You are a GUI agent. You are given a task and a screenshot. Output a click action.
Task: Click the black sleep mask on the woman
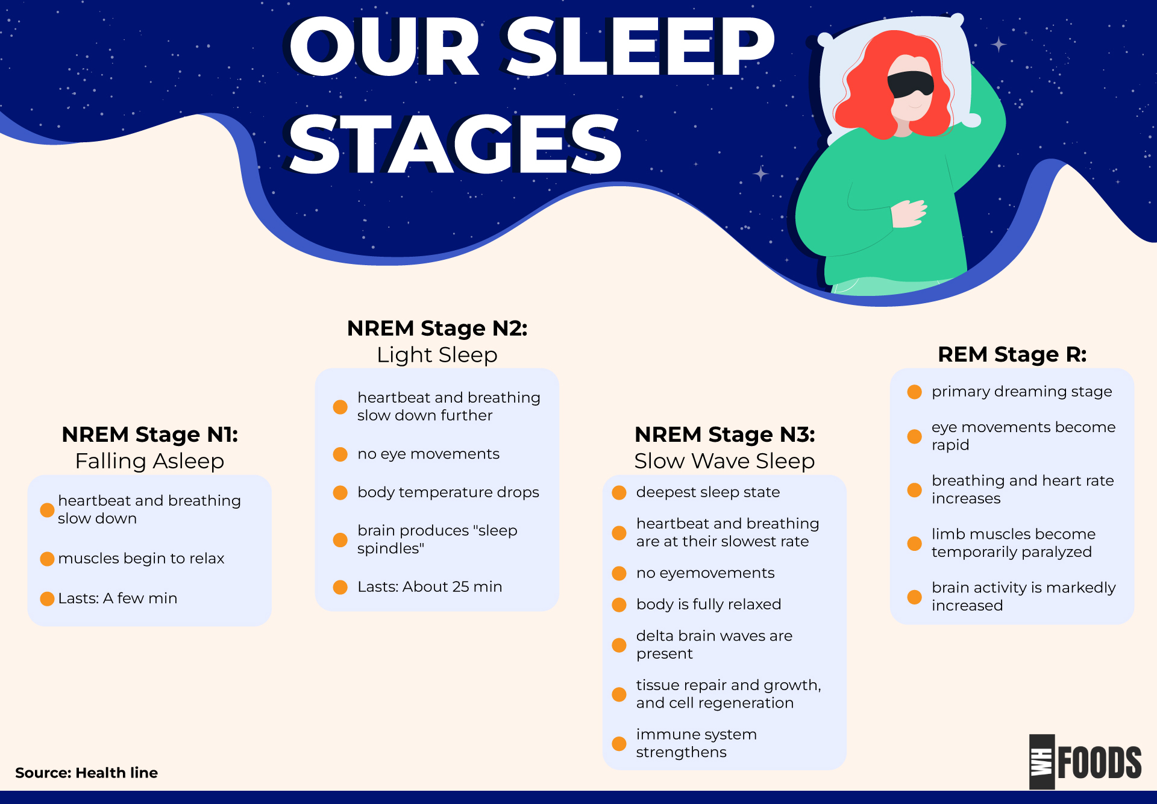(x=911, y=84)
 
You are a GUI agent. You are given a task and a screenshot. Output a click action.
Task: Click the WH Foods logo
(x=1085, y=762)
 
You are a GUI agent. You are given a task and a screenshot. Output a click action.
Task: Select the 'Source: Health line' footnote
(x=86, y=773)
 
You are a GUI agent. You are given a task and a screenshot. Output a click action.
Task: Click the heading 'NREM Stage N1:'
(x=149, y=435)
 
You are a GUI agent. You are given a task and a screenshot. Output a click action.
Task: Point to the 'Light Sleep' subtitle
(x=437, y=355)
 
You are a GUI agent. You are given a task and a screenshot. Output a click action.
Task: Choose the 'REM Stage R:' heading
(x=1012, y=354)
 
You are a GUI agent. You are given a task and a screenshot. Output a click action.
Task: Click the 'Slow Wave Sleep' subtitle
(x=724, y=461)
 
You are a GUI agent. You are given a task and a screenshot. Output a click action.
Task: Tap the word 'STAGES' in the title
(x=454, y=145)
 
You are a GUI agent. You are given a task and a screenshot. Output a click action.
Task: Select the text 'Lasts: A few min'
(x=118, y=598)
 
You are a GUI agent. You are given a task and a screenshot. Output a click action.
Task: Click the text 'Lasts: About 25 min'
(x=429, y=587)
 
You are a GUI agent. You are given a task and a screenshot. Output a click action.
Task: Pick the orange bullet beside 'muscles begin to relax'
(x=47, y=559)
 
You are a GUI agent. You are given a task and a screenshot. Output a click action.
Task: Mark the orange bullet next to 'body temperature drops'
(x=340, y=492)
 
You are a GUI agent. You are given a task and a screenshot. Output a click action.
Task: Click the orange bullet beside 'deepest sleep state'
(x=619, y=492)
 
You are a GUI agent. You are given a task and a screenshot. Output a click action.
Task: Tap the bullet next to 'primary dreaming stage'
(x=914, y=392)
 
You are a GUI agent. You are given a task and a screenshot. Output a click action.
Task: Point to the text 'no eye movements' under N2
(x=428, y=454)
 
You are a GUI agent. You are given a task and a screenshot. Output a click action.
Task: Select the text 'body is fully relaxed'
(x=708, y=605)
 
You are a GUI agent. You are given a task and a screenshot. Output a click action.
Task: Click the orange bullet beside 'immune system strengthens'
(x=619, y=743)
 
